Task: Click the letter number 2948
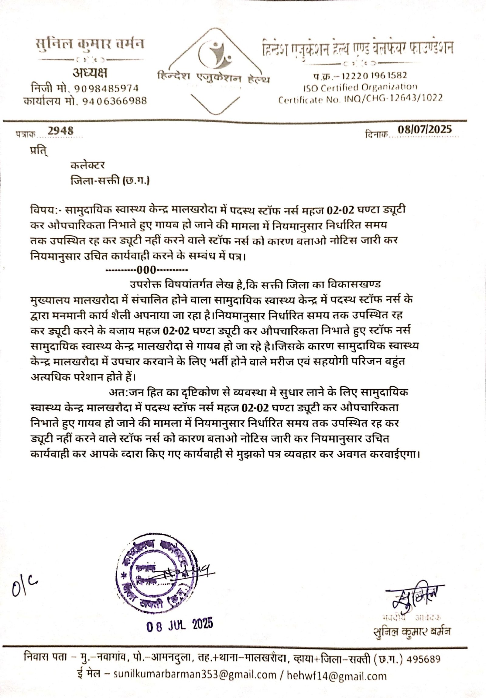point(61,131)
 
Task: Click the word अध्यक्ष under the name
point(90,73)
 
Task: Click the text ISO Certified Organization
point(360,87)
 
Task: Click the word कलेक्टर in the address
point(87,165)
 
